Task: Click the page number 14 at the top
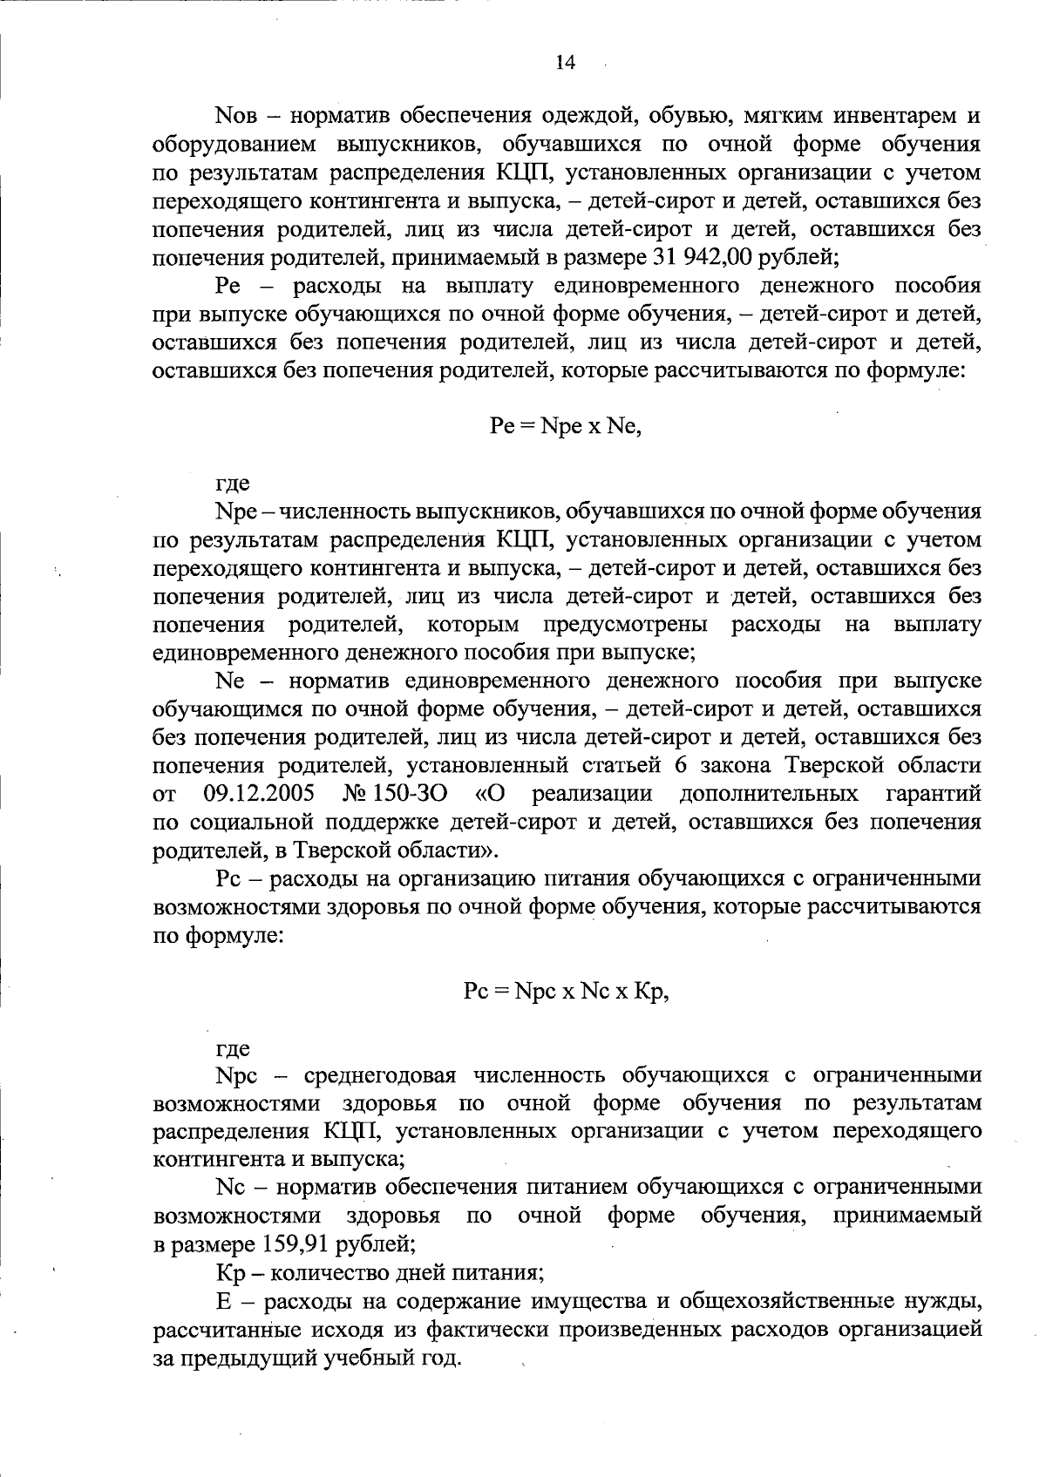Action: [565, 63]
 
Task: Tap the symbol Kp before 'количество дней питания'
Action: [230, 1271]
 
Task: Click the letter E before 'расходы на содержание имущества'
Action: [222, 1300]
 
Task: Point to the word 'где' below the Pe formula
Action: [233, 482]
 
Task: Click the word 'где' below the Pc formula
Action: [233, 1048]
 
